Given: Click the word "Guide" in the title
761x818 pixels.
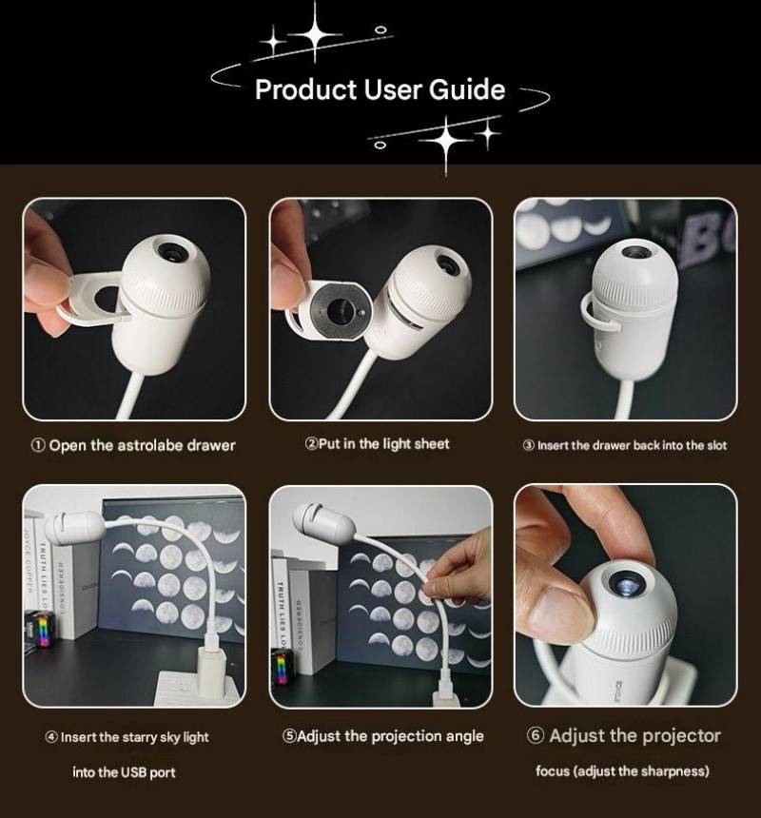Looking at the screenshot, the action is coord(467,89).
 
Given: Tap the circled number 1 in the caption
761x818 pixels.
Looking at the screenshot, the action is coord(38,445).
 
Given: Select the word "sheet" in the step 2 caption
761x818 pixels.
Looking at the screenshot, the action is coord(432,444).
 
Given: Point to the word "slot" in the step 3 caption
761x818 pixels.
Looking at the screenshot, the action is coord(716,445).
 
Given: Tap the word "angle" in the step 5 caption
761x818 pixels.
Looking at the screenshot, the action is coord(464,736).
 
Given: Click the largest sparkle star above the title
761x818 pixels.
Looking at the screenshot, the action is coord(315,35).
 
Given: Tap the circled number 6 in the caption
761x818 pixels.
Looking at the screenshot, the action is coord(536,735).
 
